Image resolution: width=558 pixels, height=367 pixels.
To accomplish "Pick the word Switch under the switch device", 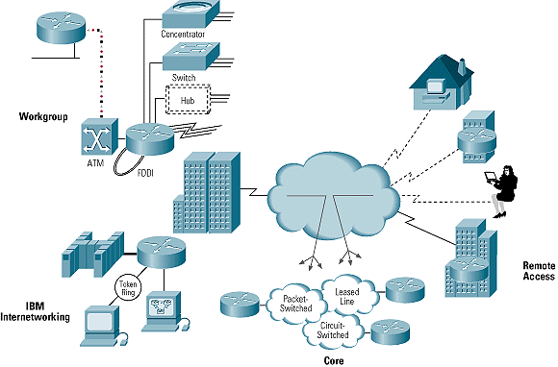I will tap(184, 76).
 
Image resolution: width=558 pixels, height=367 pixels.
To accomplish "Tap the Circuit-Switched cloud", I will tap(331, 331).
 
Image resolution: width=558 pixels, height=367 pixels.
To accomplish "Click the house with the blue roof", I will tap(440, 76).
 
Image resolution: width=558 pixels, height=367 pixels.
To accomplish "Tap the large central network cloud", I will tap(332, 196).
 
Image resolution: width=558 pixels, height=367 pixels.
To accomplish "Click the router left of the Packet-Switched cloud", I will tap(238, 304).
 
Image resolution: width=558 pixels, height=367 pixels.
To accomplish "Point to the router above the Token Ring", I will tap(158, 254).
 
